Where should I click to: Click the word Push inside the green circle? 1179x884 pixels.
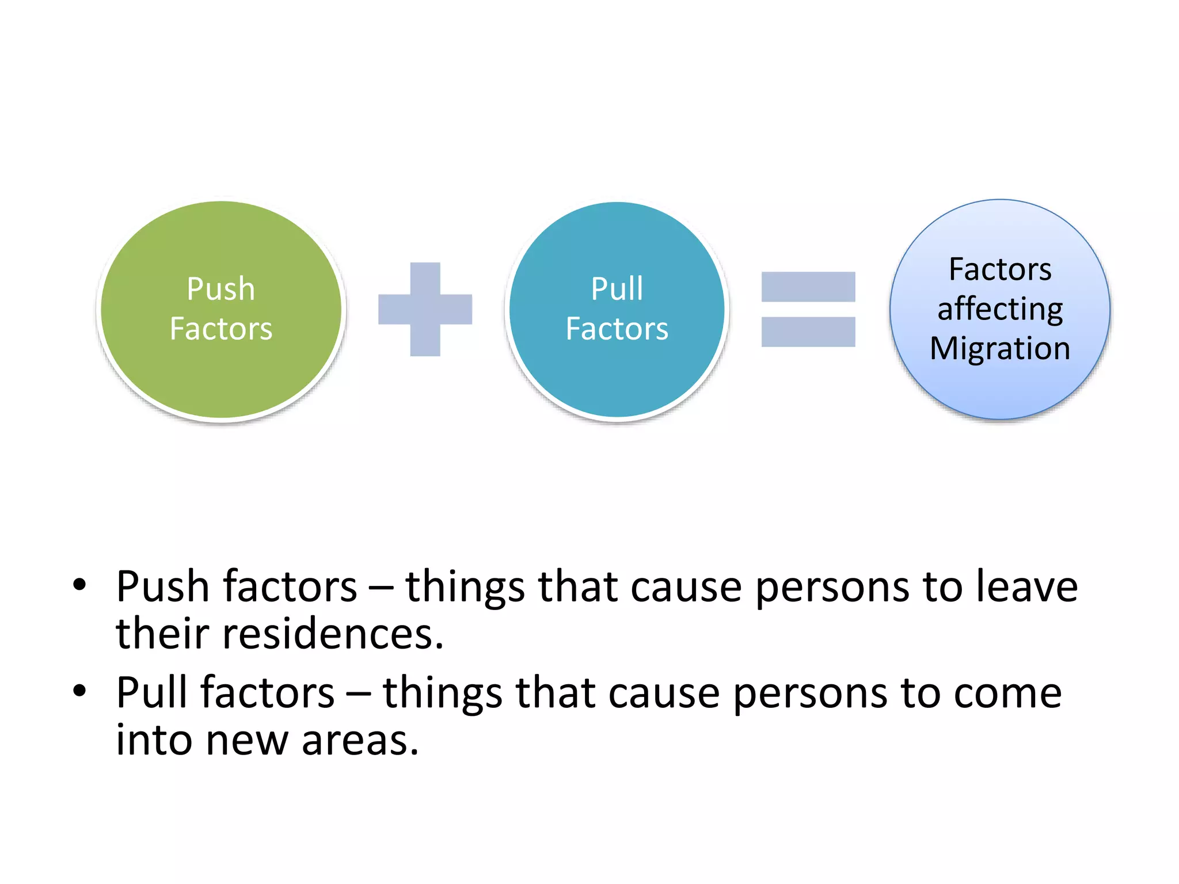(x=220, y=289)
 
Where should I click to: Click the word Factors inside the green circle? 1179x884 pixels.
(x=220, y=329)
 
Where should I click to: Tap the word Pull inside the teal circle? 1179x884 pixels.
(x=617, y=289)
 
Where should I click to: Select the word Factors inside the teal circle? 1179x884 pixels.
(x=617, y=329)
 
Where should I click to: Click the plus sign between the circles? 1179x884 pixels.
(x=425, y=309)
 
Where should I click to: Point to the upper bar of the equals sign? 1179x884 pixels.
(x=808, y=287)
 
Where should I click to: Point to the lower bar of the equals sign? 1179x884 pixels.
(x=808, y=332)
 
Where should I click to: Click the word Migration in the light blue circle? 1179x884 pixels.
(x=1000, y=349)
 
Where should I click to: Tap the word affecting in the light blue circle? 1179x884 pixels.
(x=1000, y=310)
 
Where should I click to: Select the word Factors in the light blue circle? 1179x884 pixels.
(x=1000, y=269)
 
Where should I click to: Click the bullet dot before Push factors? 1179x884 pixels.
(x=79, y=585)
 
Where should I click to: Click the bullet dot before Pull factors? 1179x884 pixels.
(x=79, y=691)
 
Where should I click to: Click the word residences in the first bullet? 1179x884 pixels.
(x=333, y=634)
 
